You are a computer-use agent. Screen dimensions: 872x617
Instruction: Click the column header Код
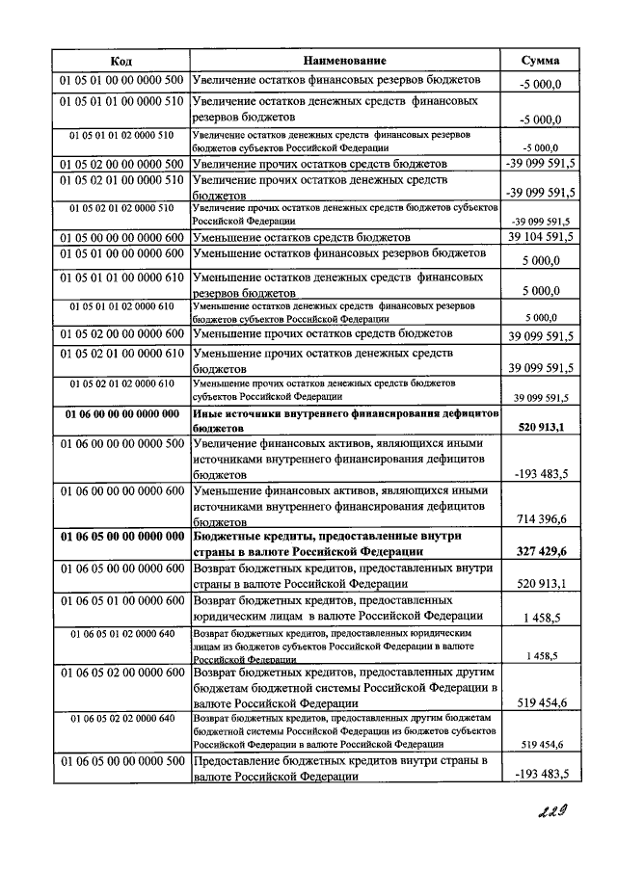[x=121, y=61]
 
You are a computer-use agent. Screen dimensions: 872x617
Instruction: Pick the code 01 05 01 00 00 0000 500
[x=121, y=80]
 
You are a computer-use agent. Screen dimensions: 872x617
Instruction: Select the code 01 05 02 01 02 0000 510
[x=121, y=208]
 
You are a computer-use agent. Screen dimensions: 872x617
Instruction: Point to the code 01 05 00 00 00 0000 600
[x=121, y=236]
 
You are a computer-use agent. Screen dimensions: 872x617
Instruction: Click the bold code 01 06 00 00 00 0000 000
[x=121, y=414]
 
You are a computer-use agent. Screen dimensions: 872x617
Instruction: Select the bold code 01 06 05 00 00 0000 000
[x=121, y=536]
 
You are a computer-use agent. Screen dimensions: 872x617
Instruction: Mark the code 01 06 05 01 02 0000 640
[x=121, y=633]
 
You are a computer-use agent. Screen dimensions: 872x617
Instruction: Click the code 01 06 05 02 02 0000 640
[x=121, y=719]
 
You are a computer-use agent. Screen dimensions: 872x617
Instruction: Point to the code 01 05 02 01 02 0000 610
[x=121, y=383]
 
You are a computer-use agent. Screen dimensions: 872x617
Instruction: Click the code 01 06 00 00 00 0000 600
[x=121, y=489]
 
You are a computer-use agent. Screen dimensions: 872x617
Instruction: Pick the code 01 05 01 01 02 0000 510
[x=121, y=135]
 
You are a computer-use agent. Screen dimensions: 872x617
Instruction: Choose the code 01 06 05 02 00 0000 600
[x=121, y=674]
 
